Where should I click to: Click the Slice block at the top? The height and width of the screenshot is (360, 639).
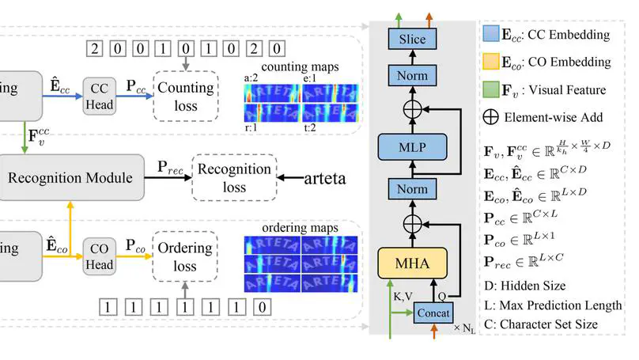point(412,39)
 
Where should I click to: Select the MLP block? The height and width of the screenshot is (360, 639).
point(412,146)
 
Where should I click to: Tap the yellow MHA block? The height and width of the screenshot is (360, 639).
point(412,263)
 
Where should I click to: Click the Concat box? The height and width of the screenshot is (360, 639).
point(434,313)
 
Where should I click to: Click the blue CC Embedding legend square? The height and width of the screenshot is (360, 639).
point(490,35)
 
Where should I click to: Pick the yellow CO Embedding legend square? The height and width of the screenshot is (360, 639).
point(490,63)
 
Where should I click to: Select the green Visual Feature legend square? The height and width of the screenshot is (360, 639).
point(490,90)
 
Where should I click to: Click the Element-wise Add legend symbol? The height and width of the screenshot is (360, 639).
point(490,117)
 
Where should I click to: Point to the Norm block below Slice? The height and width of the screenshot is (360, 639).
point(412,76)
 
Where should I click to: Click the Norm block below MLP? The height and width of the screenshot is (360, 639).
point(412,188)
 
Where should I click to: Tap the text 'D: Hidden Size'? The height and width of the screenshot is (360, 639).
point(526,285)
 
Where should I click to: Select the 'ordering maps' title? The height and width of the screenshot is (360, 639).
point(301,228)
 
